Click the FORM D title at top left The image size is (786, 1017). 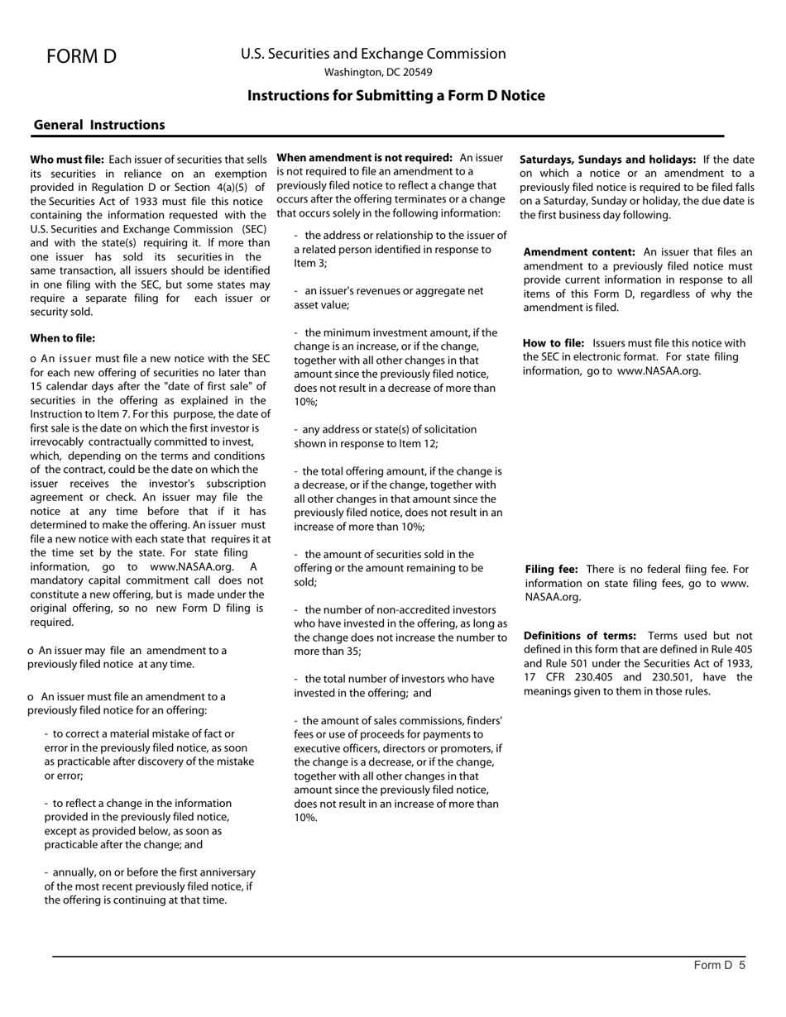click(x=81, y=56)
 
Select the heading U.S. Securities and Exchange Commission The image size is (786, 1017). click(x=373, y=54)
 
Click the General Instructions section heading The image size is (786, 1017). click(x=99, y=125)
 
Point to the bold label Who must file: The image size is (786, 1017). click(x=67, y=159)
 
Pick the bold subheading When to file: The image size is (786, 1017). click(x=63, y=338)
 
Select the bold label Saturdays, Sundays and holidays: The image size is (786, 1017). click(x=607, y=159)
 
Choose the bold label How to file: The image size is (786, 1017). click(x=554, y=343)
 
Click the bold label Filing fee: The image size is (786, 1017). click(x=552, y=569)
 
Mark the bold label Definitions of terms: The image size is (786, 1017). click(x=580, y=635)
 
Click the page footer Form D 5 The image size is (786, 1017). click(x=719, y=965)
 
